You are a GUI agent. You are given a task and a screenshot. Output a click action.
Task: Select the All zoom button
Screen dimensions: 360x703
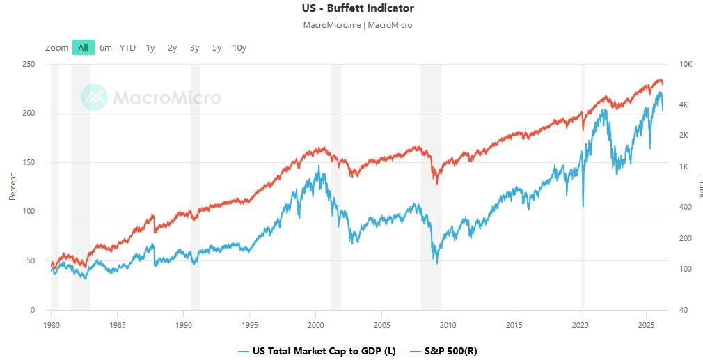click(83, 48)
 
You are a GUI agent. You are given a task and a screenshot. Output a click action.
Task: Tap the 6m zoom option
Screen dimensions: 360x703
click(105, 48)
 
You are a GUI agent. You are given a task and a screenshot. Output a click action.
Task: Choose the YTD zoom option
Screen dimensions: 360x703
click(127, 48)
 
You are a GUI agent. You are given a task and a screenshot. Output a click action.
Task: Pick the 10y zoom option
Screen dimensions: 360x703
click(239, 48)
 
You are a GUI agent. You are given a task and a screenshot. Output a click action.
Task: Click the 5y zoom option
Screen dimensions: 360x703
click(216, 48)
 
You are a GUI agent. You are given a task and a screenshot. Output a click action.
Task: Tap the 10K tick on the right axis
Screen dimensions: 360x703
click(685, 64)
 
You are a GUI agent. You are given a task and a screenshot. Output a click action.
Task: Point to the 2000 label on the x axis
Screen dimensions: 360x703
click(316, 325)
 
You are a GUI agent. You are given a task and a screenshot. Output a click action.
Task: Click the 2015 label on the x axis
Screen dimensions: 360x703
click(514, 325)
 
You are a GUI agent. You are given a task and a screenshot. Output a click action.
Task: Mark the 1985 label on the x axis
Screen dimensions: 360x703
click(118, 325)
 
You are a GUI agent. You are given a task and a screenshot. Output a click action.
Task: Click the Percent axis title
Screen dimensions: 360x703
click(12, 187)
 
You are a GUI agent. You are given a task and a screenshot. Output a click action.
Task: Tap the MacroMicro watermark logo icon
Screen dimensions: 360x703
click(93, 97)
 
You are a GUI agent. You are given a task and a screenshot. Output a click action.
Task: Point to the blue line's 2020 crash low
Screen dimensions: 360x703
click(583, 206)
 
